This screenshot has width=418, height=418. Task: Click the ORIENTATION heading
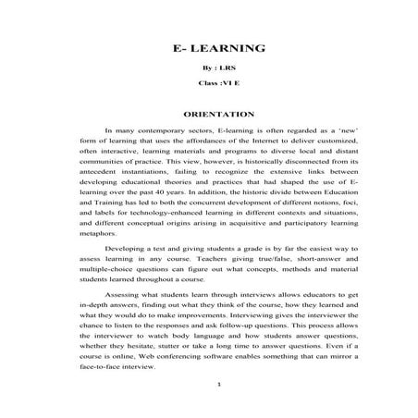(x=207, y=115)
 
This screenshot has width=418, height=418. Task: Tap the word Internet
(x=254, y=143)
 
